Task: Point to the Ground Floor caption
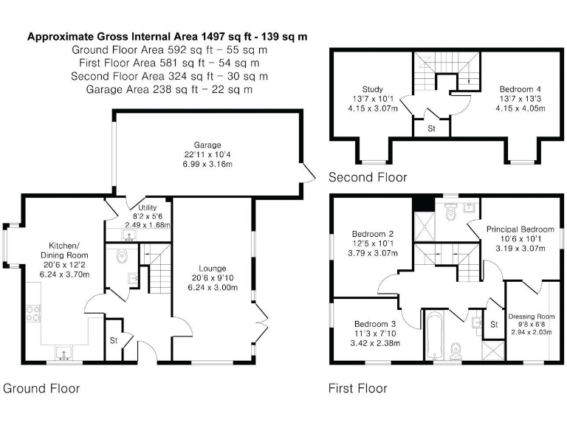pyautogui.click(x=41, y=388)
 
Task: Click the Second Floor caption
pyautogui.click(x=368, y=177)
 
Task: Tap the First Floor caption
pyautogui.click(x=357, y=388)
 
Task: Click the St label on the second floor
pyautogui.click(x=430, y=127)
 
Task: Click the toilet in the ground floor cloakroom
pyautogui.click(x=122, y=255)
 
